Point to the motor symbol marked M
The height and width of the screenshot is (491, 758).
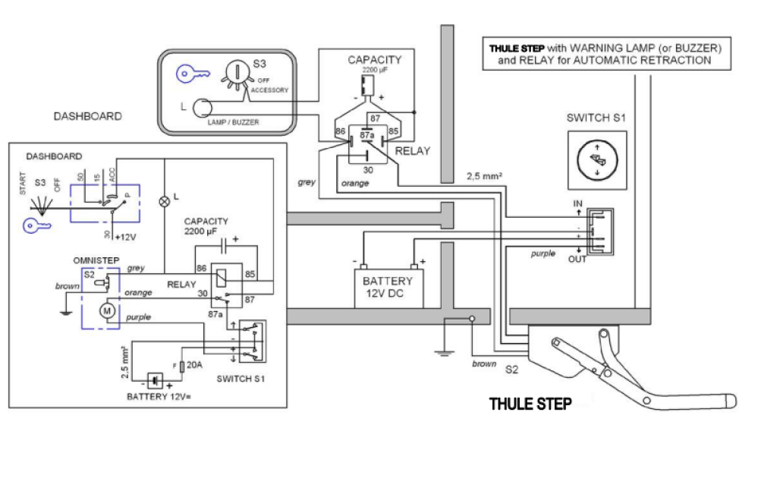coord(107,310)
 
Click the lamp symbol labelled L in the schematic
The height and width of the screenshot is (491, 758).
coord(163,202)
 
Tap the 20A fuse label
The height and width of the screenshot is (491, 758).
coord(193,365)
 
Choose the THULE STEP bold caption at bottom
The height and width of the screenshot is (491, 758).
coord(530,404)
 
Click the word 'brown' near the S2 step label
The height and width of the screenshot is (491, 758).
coord(483,364)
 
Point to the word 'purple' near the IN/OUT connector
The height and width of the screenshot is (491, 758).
coord(543,253)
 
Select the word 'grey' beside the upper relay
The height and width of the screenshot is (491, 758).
coord(307,182)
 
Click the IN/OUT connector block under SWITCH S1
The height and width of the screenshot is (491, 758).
coord(598,231)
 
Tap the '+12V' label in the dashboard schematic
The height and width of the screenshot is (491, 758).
coord(125,237)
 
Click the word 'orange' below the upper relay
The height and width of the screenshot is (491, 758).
coord(354,183)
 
